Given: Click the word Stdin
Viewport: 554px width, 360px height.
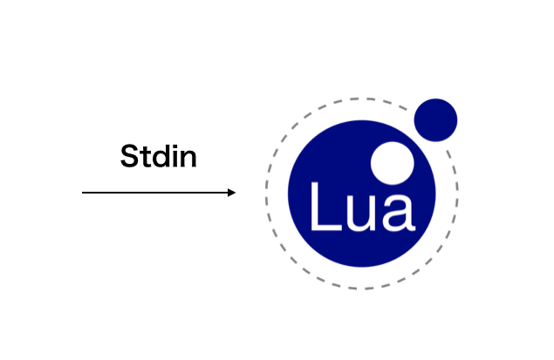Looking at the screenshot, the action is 158,156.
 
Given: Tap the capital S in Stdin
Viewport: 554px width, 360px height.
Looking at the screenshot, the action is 129,156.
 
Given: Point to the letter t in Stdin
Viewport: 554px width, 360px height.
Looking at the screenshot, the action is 144,158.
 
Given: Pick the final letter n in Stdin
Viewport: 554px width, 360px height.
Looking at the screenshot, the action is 188,160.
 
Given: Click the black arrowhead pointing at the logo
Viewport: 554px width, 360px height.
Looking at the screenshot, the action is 231,193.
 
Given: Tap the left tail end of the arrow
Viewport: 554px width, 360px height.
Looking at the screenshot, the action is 82,193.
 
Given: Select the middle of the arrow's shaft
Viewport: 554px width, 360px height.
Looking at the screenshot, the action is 159,193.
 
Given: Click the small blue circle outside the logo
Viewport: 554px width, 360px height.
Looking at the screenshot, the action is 435,120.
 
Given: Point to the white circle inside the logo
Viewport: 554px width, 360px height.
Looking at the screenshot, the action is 393,163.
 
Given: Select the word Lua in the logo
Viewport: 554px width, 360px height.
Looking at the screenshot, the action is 363,207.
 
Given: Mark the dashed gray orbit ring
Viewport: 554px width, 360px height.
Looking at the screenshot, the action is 266,194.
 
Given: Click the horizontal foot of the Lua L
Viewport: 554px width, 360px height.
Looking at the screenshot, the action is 326,228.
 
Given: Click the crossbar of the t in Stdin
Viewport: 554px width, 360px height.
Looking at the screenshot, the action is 144,153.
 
